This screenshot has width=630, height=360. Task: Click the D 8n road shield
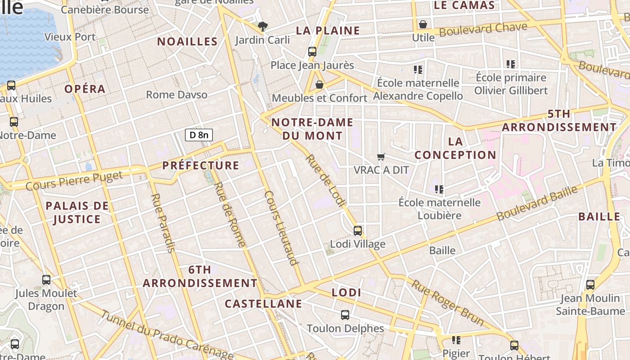[199, 135]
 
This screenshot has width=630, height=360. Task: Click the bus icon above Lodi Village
[358, 231]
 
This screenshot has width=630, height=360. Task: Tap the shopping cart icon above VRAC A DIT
[381, 157]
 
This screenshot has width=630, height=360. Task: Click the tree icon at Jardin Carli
[263, 27]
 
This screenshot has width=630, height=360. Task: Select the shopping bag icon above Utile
[423, 24]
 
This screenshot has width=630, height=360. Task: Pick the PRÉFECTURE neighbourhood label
[201, 165]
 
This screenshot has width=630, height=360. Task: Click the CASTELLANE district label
[264, 304]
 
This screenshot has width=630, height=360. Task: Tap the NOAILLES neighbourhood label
[187, 41]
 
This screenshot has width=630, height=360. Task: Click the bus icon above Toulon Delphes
[345, 315]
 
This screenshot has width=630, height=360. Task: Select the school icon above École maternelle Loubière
[439, 189]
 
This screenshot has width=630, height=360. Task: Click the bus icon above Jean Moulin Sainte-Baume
[590, 285]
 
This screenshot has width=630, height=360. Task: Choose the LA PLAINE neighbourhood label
[328, 31]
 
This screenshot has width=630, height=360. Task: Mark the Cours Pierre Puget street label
[74, 180]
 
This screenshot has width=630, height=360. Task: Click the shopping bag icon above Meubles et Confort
[319, 85]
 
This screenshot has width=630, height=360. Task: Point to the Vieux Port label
[70, 37]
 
